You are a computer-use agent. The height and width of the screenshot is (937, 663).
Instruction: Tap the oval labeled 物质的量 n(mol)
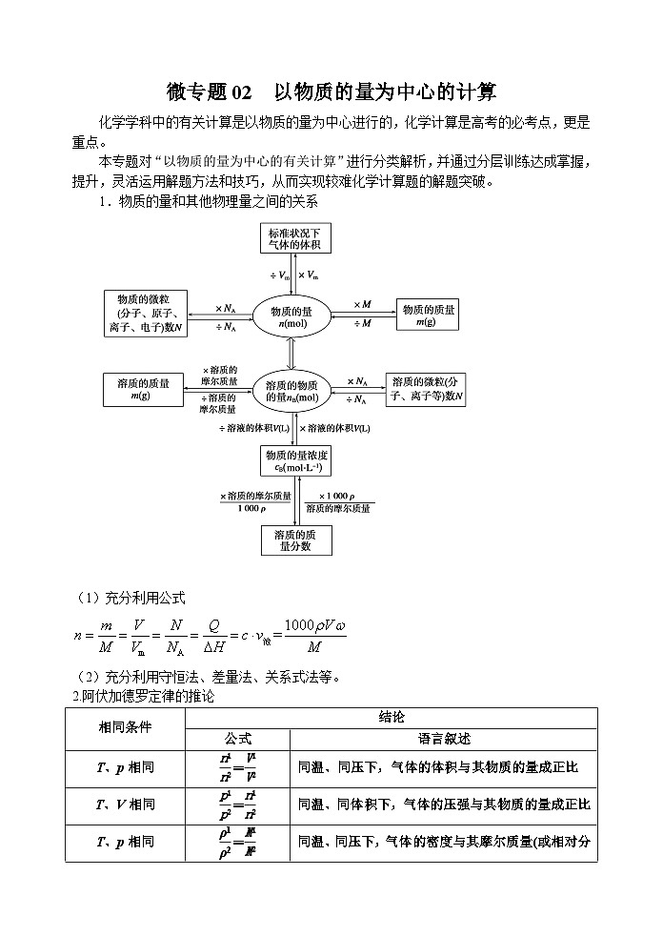point(291,317)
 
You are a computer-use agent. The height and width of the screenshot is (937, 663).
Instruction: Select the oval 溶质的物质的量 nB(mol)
point(291,391)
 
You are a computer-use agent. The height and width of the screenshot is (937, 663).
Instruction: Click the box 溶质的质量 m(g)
point(143,390)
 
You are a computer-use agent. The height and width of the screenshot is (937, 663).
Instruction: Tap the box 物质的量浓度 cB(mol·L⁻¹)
point(297,461)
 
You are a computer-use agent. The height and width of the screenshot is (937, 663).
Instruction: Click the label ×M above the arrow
point(362,304)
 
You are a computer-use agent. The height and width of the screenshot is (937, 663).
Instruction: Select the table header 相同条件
point(125,727)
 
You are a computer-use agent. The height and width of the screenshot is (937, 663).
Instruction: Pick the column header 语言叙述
point(444,739)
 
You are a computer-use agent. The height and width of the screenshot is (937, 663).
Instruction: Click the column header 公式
point(237,739)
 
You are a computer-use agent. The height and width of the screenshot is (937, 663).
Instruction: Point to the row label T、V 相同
point(125,805)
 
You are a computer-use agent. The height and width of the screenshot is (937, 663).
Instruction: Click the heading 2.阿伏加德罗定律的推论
point(144,696)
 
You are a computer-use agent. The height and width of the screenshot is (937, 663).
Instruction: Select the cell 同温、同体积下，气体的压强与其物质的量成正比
point(444,805)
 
